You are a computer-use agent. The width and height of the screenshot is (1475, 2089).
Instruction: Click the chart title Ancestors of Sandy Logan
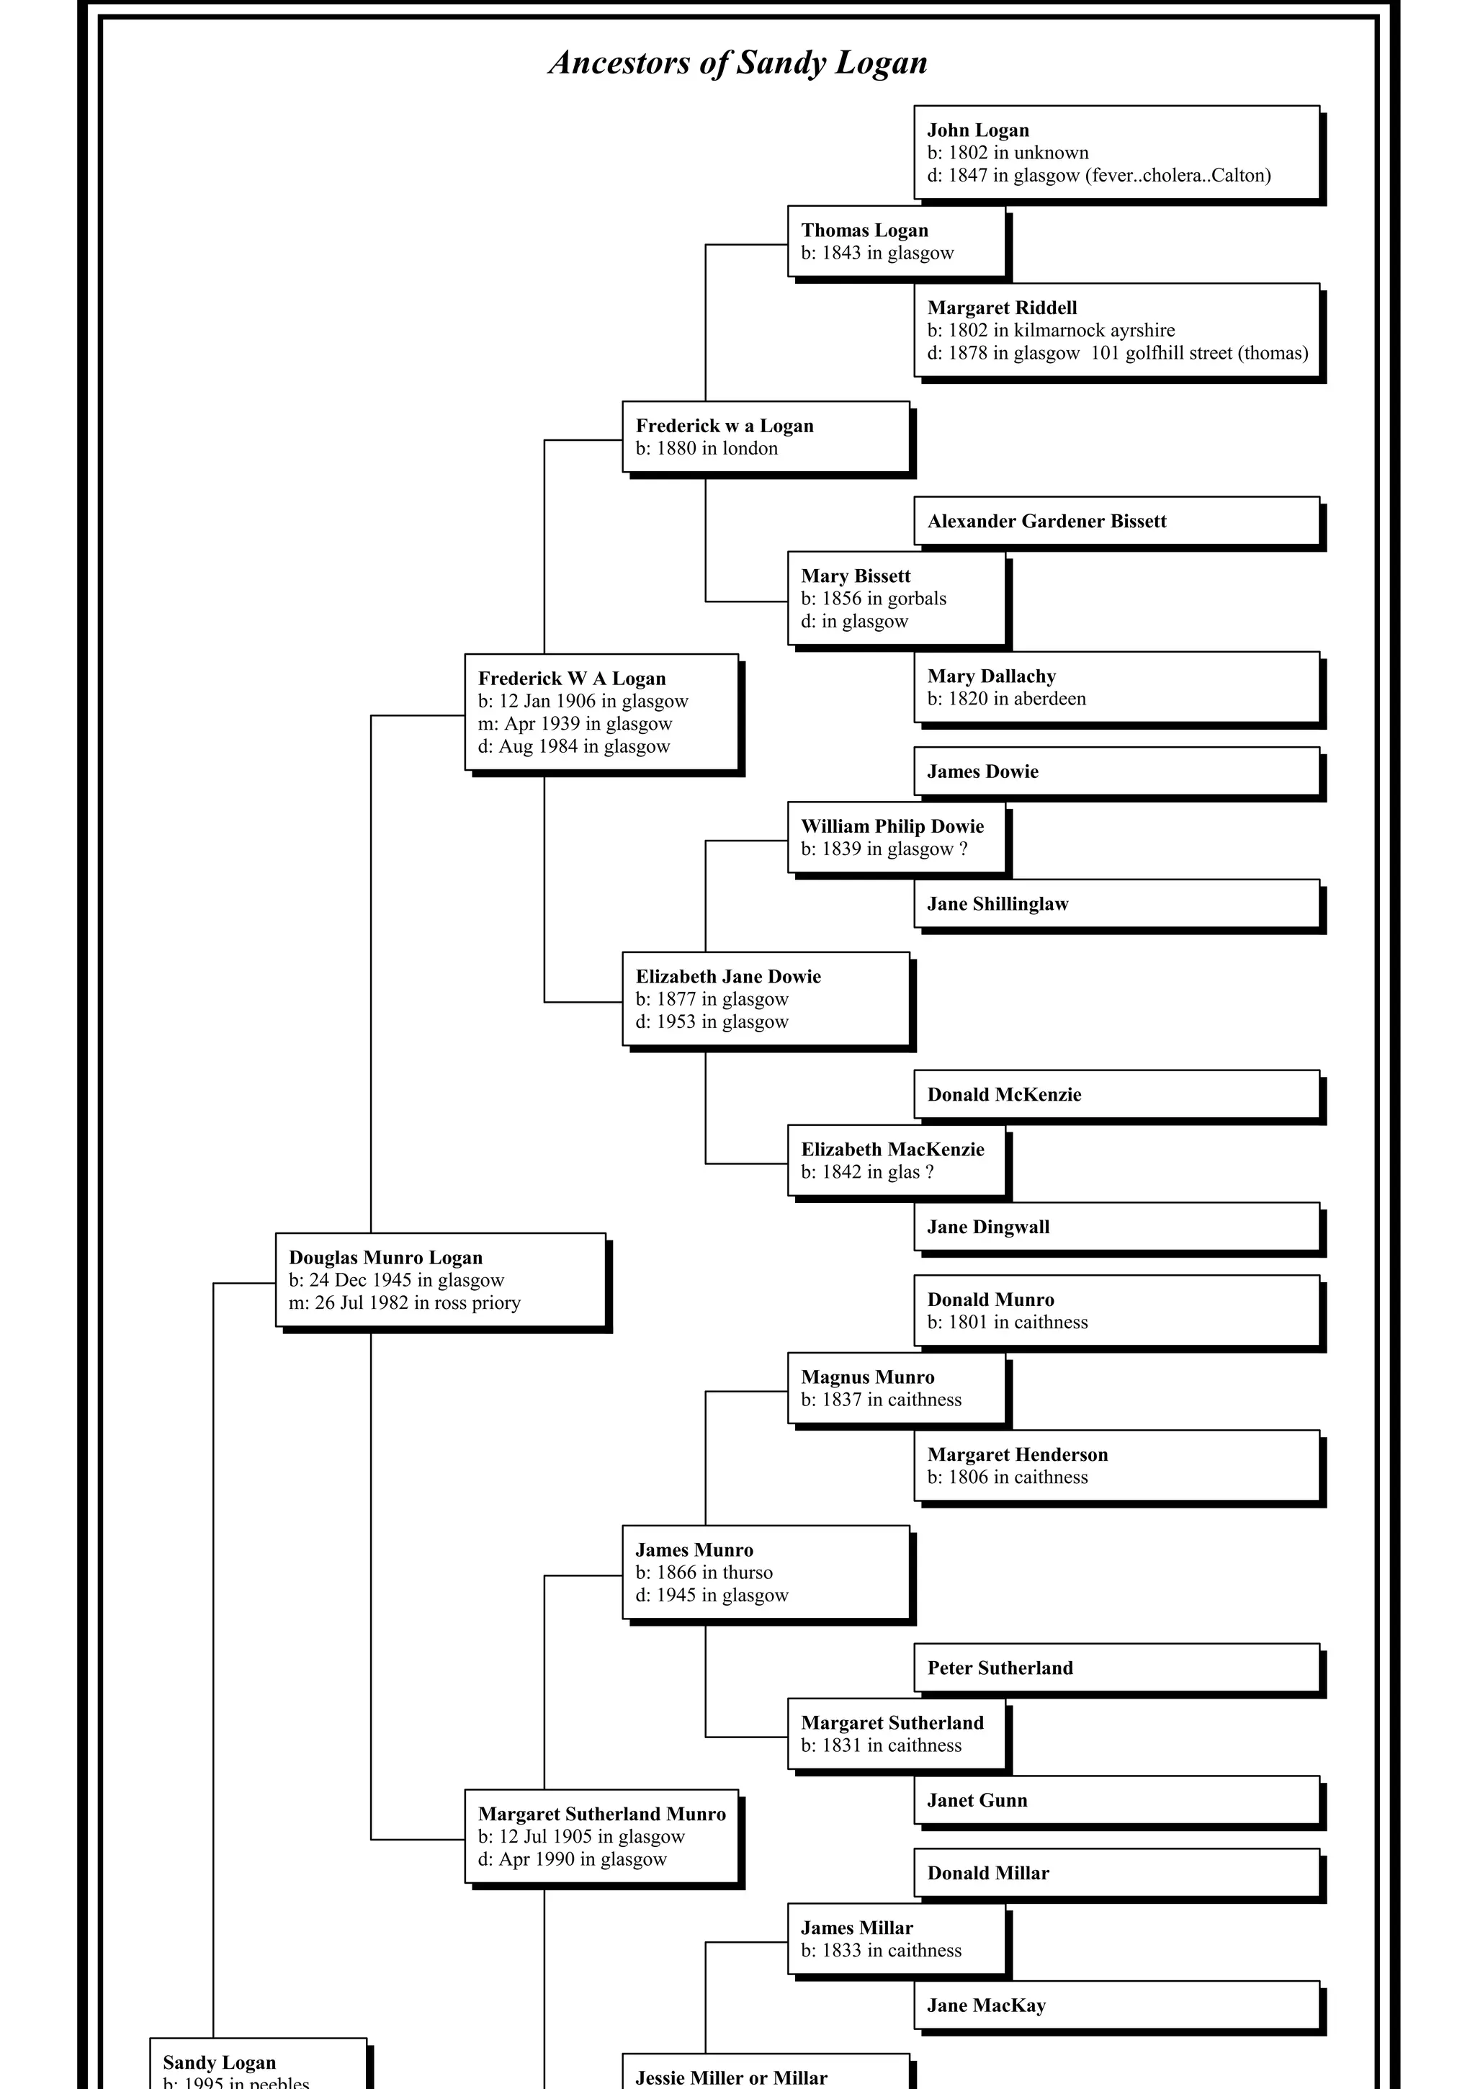[738, 63]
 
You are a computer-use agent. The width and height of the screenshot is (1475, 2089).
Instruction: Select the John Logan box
[1116, 152]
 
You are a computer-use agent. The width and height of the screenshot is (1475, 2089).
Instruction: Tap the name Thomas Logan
[864, 231]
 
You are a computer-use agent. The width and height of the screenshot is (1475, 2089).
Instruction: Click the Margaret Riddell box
[1116, 330]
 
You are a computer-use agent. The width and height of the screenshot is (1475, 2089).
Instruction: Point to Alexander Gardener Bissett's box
[1116, 522]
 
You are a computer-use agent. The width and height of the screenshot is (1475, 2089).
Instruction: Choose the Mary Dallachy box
[1116, 687]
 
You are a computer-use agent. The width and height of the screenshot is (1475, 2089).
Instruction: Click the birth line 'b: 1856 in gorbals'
[874, 599]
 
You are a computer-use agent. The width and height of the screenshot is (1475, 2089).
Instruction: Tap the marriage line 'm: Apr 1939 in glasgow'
[575, 724]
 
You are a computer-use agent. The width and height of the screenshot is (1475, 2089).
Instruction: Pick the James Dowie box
[1116, 771]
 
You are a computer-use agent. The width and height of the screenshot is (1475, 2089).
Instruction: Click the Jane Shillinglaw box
[1116, 903]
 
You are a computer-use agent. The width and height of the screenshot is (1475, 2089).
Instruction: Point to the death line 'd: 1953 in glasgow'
[712, 1021]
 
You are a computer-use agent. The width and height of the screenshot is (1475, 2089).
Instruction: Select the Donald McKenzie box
[1116, 1094]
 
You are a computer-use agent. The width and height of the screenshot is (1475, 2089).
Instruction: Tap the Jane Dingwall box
[1116, 1227]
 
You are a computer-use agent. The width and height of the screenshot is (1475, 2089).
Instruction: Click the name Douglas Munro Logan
[386, 1258]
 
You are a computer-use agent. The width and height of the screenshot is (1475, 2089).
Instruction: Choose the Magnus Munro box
[895, 1388]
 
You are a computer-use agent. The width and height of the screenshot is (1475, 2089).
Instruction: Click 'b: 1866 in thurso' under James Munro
[704, 1573]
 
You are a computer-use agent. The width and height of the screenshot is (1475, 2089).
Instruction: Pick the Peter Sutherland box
[1116, 1668]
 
